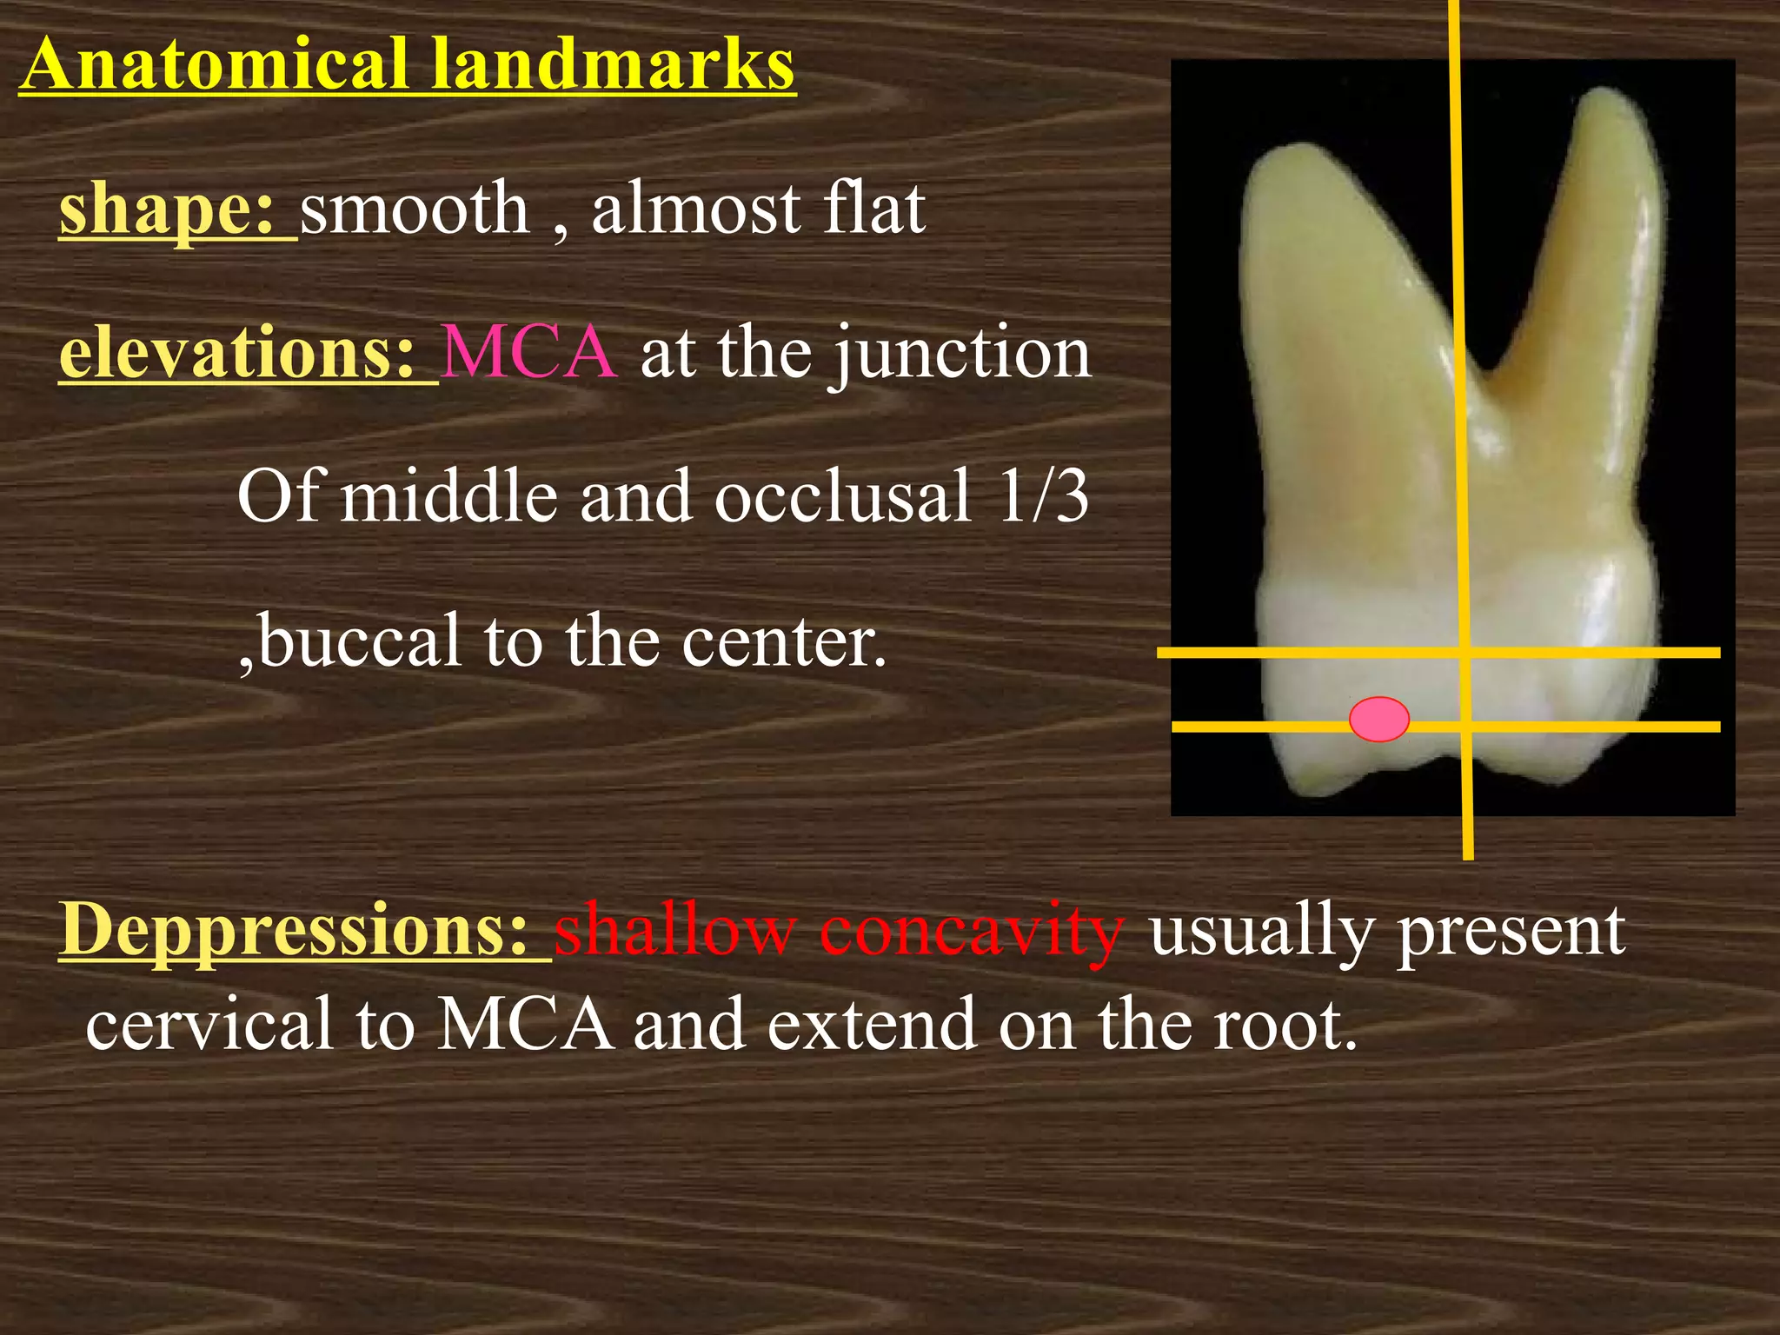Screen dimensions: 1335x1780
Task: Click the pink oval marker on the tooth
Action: click(x=1379, y=719)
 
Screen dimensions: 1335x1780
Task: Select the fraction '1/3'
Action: click(x=1043, y=496)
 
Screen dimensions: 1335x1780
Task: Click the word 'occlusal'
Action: click(x=841, y=496)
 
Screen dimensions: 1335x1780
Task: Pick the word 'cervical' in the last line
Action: click(x=209, y=1024)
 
